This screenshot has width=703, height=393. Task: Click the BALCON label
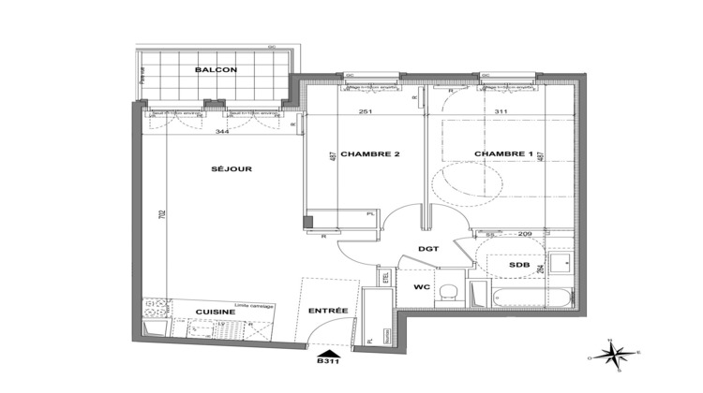[209, 70]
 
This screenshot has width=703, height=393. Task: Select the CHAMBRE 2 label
[364, 153]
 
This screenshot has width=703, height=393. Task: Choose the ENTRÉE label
[330, 312]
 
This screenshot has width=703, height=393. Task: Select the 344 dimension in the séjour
[221, 132]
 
